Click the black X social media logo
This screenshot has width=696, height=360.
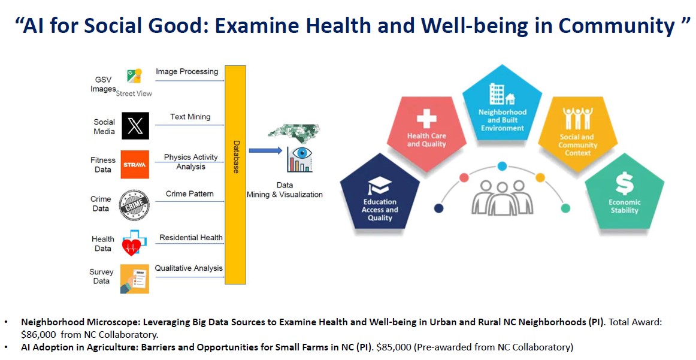(x=135, y=126)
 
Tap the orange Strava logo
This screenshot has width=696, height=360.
(x=135, y=164)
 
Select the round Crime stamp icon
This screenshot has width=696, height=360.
(x=134, y=205)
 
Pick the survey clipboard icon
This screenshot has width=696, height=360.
(x=135, y=279)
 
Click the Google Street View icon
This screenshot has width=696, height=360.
(x=134, y=76)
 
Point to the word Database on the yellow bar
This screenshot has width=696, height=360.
(x=236, y=157)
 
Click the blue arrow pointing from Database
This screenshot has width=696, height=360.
(x=265, y=150)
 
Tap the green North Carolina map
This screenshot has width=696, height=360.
(x=294, y=132)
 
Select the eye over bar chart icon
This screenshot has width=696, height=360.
(x=299, y=159)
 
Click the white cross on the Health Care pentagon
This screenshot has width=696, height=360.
(x=426, y=118)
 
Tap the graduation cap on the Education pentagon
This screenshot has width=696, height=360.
(x=379, y=186)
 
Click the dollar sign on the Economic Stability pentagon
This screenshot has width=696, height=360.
(x=624, y=183)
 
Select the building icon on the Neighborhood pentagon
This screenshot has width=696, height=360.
(x=502, y=94)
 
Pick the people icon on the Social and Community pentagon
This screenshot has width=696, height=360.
(x=577, y=118)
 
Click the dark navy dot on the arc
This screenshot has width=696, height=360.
(x=438, y=208)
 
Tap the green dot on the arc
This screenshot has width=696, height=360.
(x=565, y=208)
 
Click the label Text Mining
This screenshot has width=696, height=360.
(x=190, y=117)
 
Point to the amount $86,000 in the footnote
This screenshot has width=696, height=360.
(x=38, y=335)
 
